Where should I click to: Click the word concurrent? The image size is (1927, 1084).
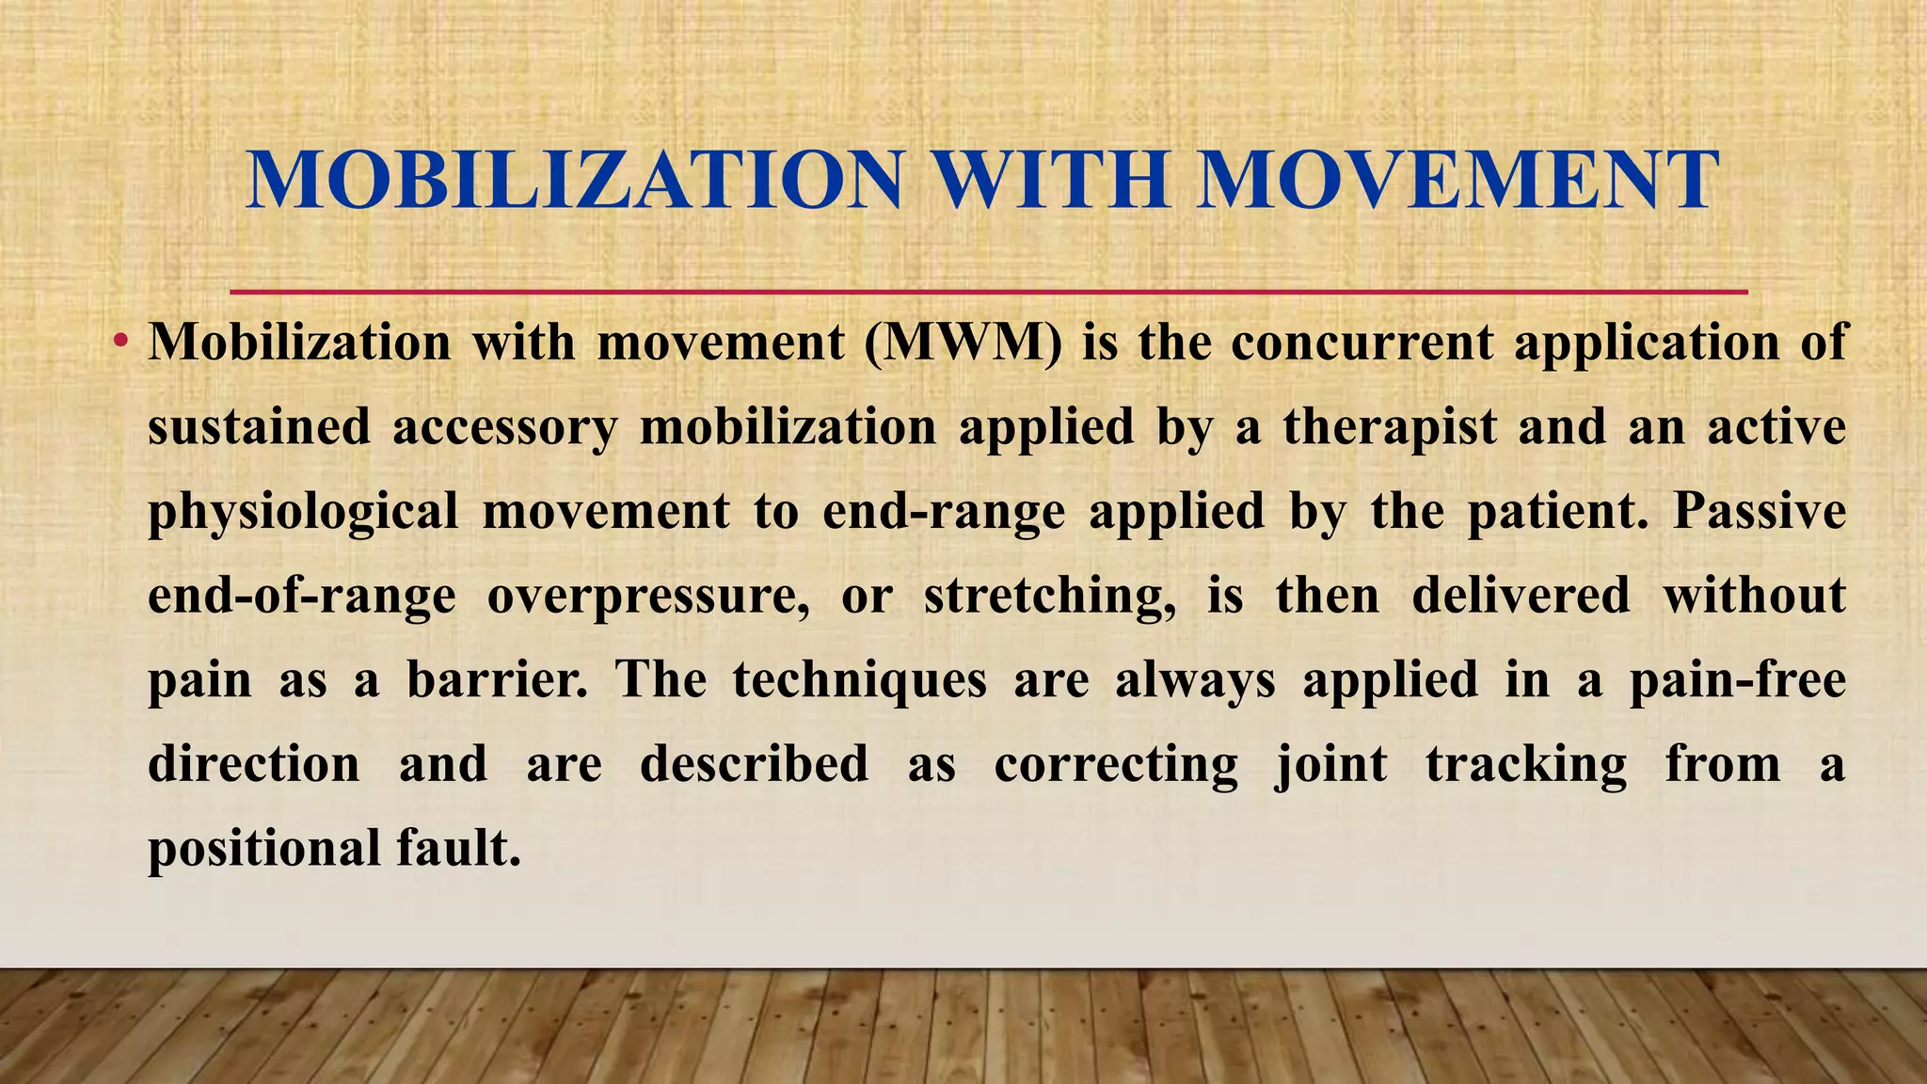click(x=1362, y=342)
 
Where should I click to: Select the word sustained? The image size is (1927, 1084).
click(x=260, y=426)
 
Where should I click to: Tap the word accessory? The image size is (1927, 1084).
click(x=504, y=428)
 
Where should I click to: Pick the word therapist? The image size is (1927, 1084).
click(x=1390, y=426)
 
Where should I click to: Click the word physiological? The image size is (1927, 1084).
click(x=303, y=513)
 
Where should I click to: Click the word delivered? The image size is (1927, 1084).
click(x=1521, y=596)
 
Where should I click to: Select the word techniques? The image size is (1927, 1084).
click(x=860, y=681)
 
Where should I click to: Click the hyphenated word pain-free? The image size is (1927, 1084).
click(x=1737, y=679)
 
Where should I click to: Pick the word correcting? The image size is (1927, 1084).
click(x=1116, y=765)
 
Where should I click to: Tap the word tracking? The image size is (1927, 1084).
click(x=1525, y=765)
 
